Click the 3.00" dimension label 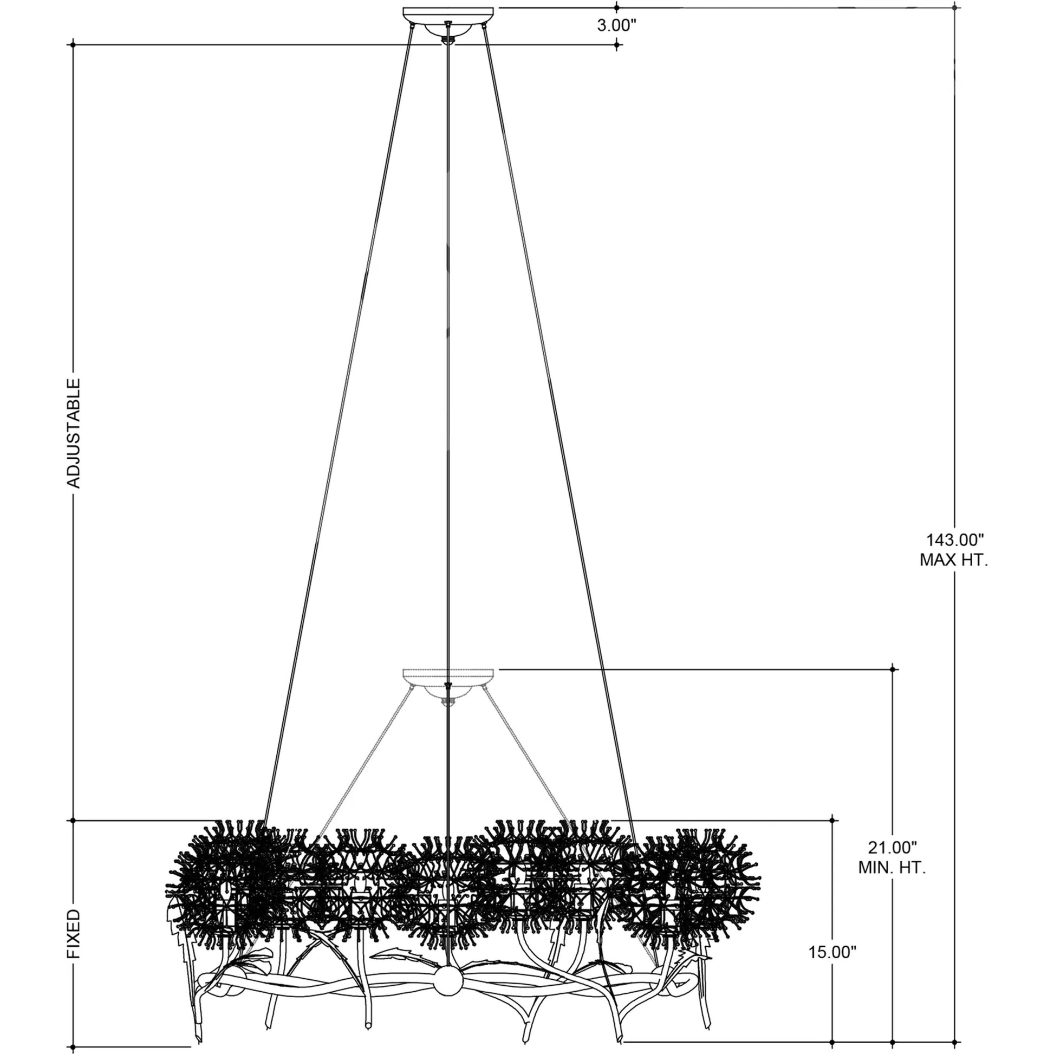(616, 25)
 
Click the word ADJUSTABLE (74, 433)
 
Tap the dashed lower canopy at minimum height (448, 675)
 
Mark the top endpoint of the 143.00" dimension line (955, 8)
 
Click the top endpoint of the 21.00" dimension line (893, 669)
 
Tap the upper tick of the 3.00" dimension (616, 8)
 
